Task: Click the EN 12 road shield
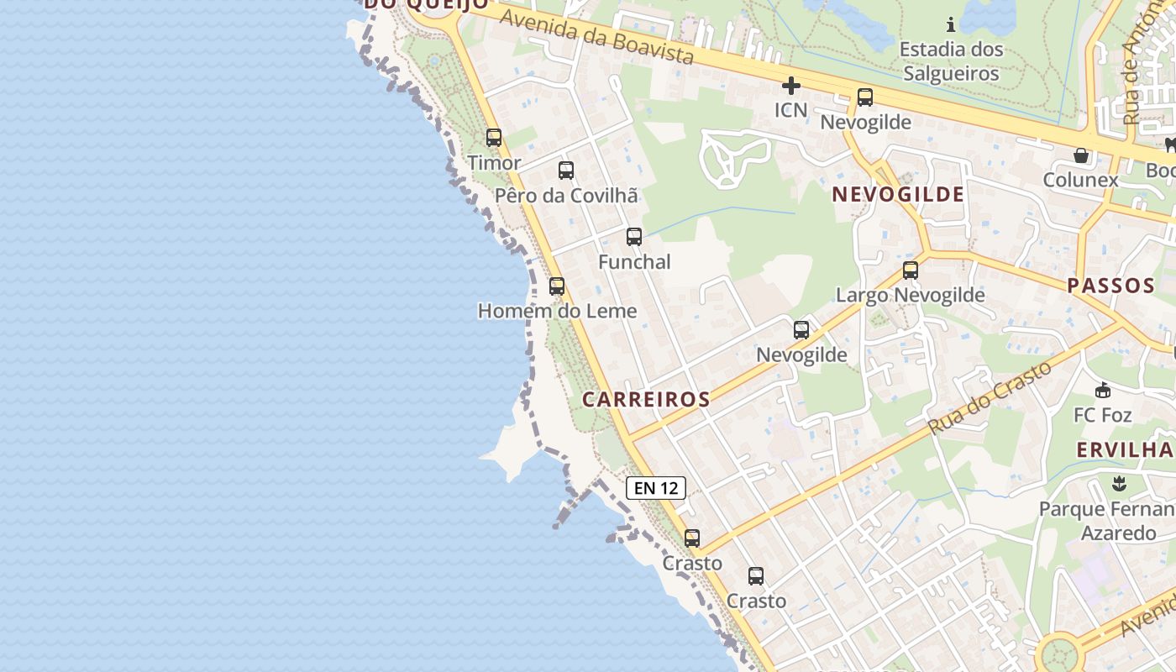pos(656,488)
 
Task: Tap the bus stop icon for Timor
pos(494,138)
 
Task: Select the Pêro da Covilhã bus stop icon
pos(566,171)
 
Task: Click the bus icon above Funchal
pos(634,237)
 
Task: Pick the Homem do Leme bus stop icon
pos(557,286)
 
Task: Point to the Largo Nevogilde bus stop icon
pos(911,270)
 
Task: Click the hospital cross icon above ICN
pos(790,86)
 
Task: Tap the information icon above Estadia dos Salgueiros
pos(951,24)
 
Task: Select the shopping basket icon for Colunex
pos(1081,155)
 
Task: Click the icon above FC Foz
pos(1103,391)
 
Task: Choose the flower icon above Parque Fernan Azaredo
pos(1118,484)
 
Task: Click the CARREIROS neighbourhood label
pos(646,400)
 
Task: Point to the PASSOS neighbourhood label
pos(1110,286)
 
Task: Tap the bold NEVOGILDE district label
pos(898,195)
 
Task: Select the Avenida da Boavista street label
pos(597,37)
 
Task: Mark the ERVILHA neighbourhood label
pos(1125,449)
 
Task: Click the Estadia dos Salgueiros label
pos(951,61)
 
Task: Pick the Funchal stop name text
pos(634,262)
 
